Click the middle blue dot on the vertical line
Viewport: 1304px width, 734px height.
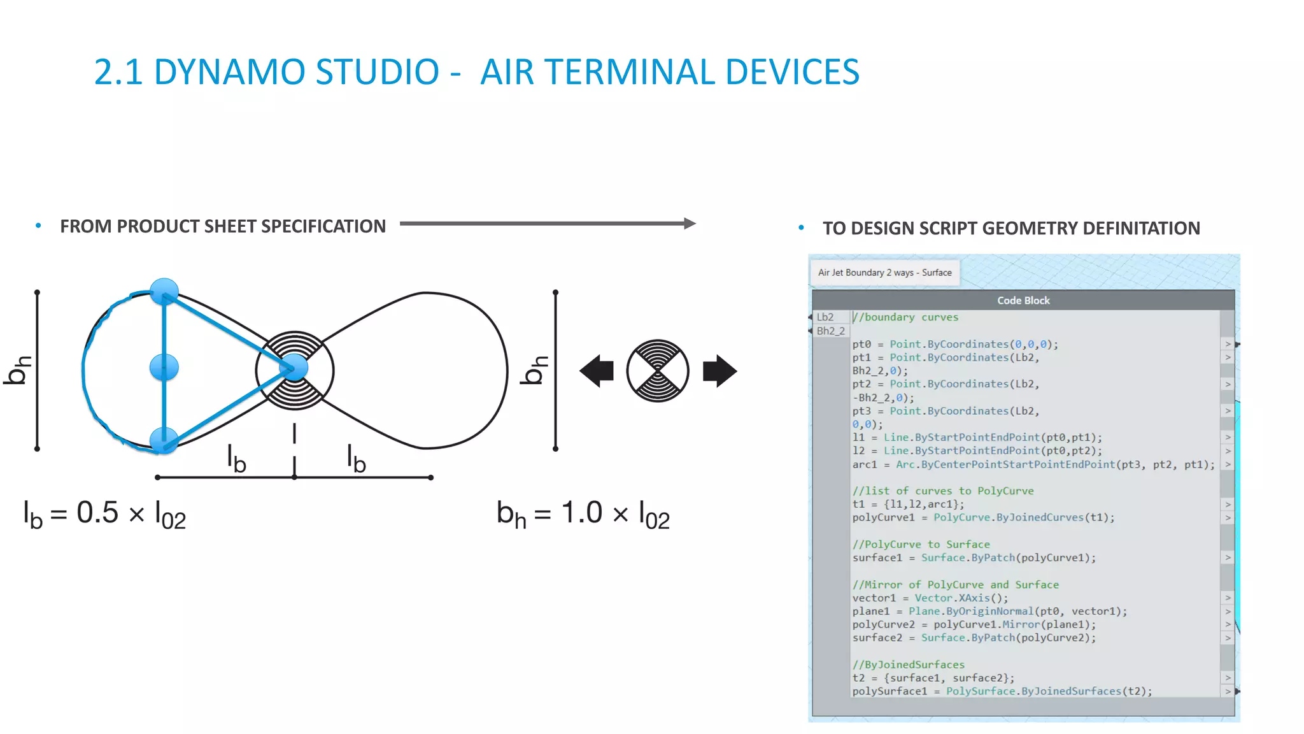point(164,368)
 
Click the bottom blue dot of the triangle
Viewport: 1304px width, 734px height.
point(164,440)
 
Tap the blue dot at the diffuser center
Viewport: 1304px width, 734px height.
point(294,368)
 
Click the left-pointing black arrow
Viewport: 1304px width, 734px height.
point(597,371)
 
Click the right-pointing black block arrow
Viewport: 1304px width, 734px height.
point(719,371)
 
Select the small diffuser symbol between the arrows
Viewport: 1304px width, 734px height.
point(658,371)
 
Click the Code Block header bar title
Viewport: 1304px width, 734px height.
point(1023,300)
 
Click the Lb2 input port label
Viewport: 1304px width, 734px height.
point(825,317)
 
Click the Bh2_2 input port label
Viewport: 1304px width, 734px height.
point(830,331)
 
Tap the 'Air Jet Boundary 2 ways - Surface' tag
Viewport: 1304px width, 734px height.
point(884,272)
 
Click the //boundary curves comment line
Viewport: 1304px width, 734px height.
point(905,317)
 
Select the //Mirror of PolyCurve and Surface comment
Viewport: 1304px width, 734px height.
point(955,584)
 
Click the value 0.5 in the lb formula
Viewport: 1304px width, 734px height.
point(97,513)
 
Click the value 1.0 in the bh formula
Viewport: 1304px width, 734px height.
point(581,513)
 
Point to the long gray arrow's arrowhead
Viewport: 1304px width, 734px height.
point(690,224)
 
